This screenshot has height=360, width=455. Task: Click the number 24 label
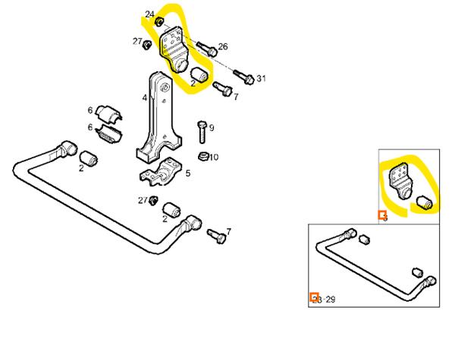pyautogui.click(x=149, y=14)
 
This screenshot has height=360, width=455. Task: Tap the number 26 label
pyautogui.click(x=223, y=47)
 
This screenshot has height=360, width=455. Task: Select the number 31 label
pyautogui.click(x=262, y=78)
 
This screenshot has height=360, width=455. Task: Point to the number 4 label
pyautogui.click(x=144, y=97)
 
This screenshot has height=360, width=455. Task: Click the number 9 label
pyautogui.click(x=212, y=127)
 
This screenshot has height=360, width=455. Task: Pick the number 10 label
pyautogui.click(x=214, y=158)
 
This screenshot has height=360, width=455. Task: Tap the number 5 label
pyautogui.click(x=187, y=174)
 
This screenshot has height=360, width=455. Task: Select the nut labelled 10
pyautogui.click(x=202, y=157)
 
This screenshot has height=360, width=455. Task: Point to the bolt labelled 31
pyautogui.click(x=245, y=77)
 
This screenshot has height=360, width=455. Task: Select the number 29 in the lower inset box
pyautogui.click(x=330, y=300)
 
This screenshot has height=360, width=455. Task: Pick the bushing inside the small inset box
pyautogui.click(x=425, y=202)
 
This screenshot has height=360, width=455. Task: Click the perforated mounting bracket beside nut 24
pyautogui.click(x=174, y=47)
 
